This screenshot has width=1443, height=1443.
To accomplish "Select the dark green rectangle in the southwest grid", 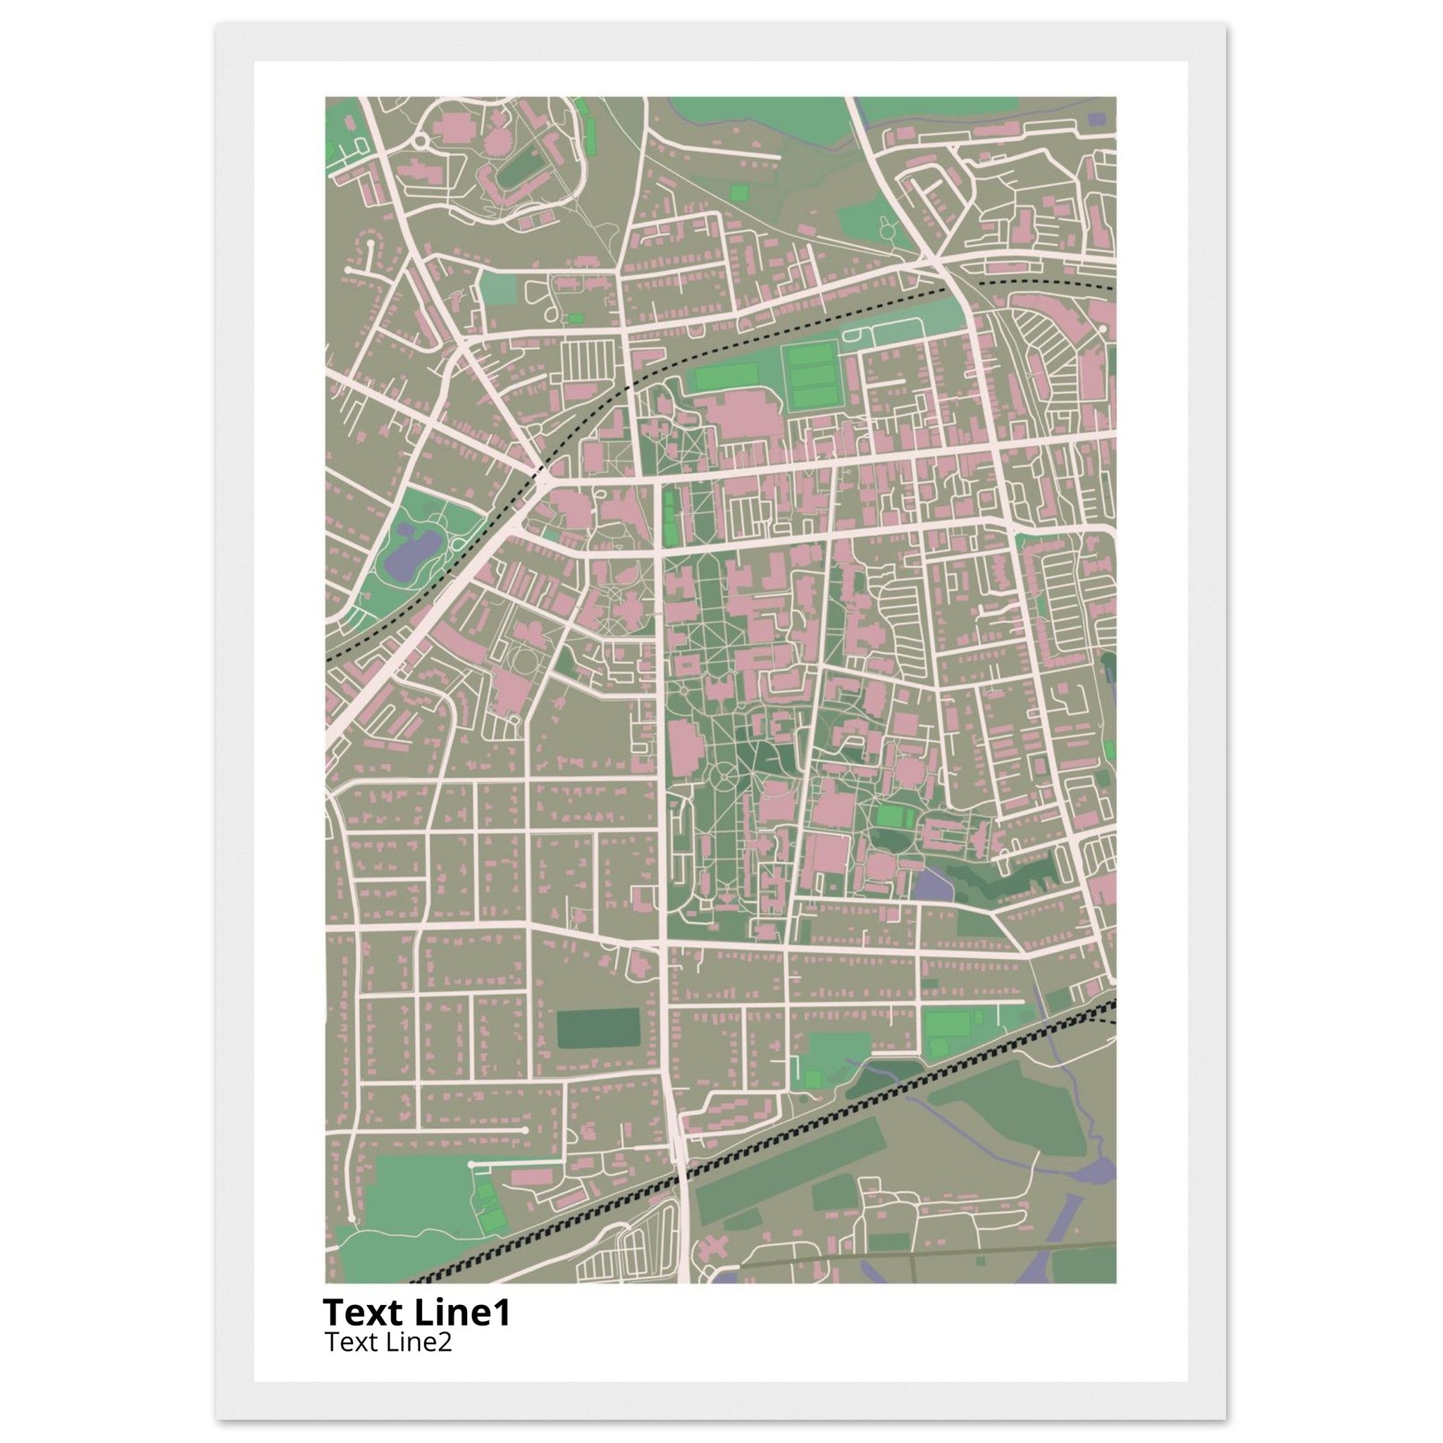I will click(x=597, y=1029).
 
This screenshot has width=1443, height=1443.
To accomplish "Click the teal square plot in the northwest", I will click(x=497, y=288).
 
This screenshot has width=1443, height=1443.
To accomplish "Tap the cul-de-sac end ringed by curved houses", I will click(x=369, y=243).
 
